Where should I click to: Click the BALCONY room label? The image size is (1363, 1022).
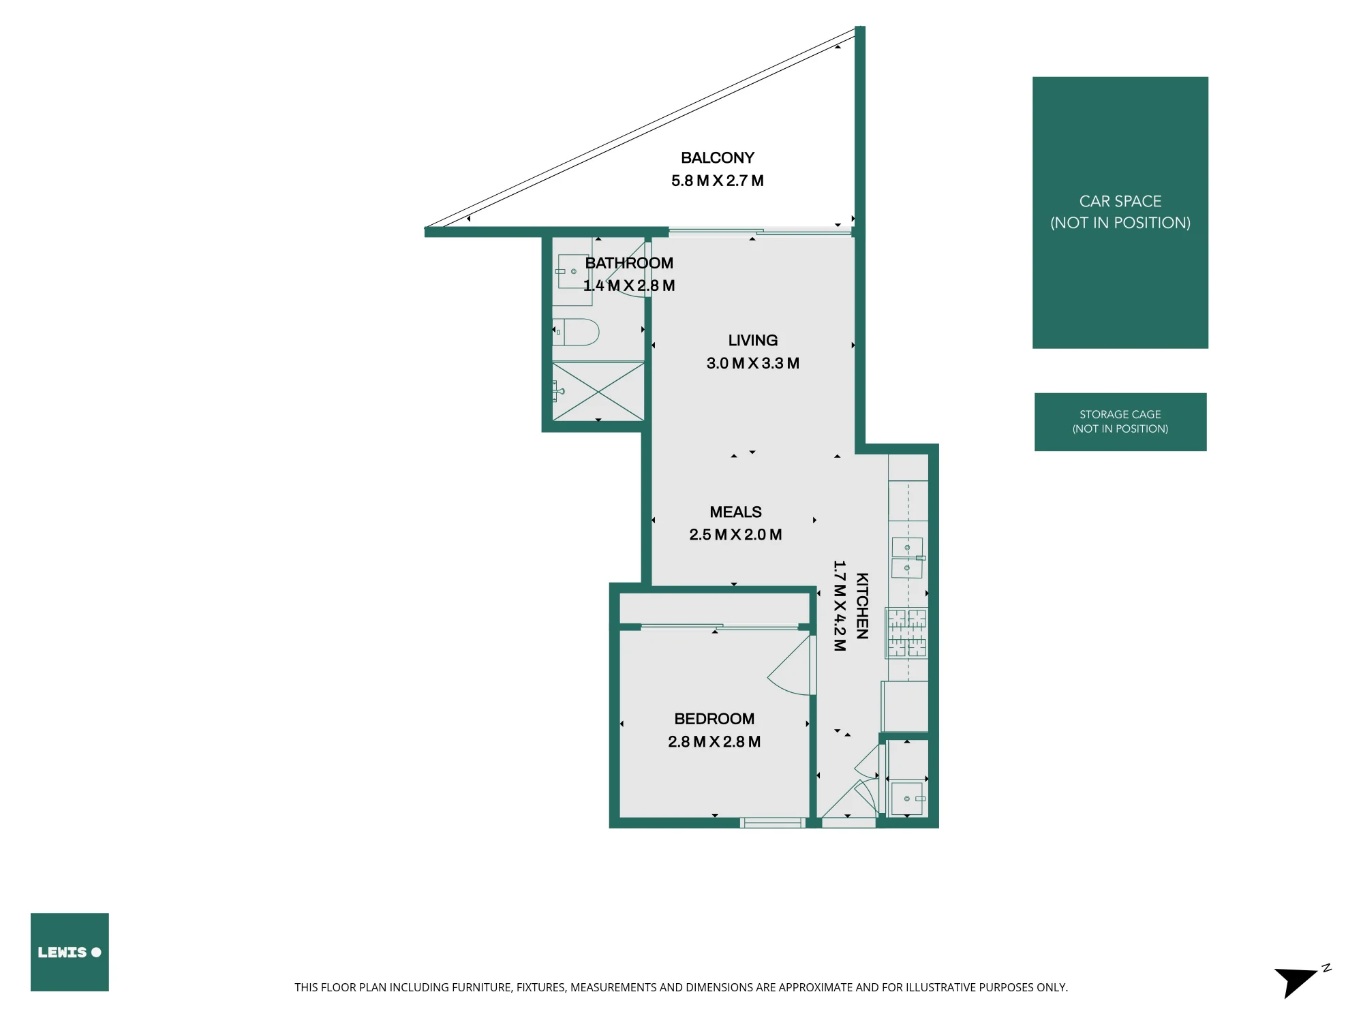[x=718, y=158]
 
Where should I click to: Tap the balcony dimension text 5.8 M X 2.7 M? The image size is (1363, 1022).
[x=718, y=181]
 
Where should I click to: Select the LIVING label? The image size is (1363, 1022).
[x=753, y=341]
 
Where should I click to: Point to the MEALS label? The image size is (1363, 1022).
[x=736, y=512]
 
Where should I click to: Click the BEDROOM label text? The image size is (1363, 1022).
[x=714, y=719]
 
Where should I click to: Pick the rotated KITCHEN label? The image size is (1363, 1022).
[x=862, y=606]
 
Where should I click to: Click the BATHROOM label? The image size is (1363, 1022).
[x=629, y=263]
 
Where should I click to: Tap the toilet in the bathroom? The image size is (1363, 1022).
[x=576, y=332]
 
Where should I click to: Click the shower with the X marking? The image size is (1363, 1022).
[x=598, y=391]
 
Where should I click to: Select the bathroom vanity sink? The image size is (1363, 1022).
[x=572, y=271]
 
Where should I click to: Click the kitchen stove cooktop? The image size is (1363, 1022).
[x=906, y=633]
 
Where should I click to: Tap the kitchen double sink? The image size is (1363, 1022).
[x=907, y=558]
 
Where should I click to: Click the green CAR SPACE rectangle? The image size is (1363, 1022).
[x=1120, y=213]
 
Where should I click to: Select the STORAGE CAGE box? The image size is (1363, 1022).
[x=1120, y=422]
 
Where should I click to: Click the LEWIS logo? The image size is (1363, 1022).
[x=70, y=952]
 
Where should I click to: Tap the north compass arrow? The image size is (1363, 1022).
[x=1295, y=981]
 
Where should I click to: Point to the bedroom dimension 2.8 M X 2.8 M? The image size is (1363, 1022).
[x=714, y=742]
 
